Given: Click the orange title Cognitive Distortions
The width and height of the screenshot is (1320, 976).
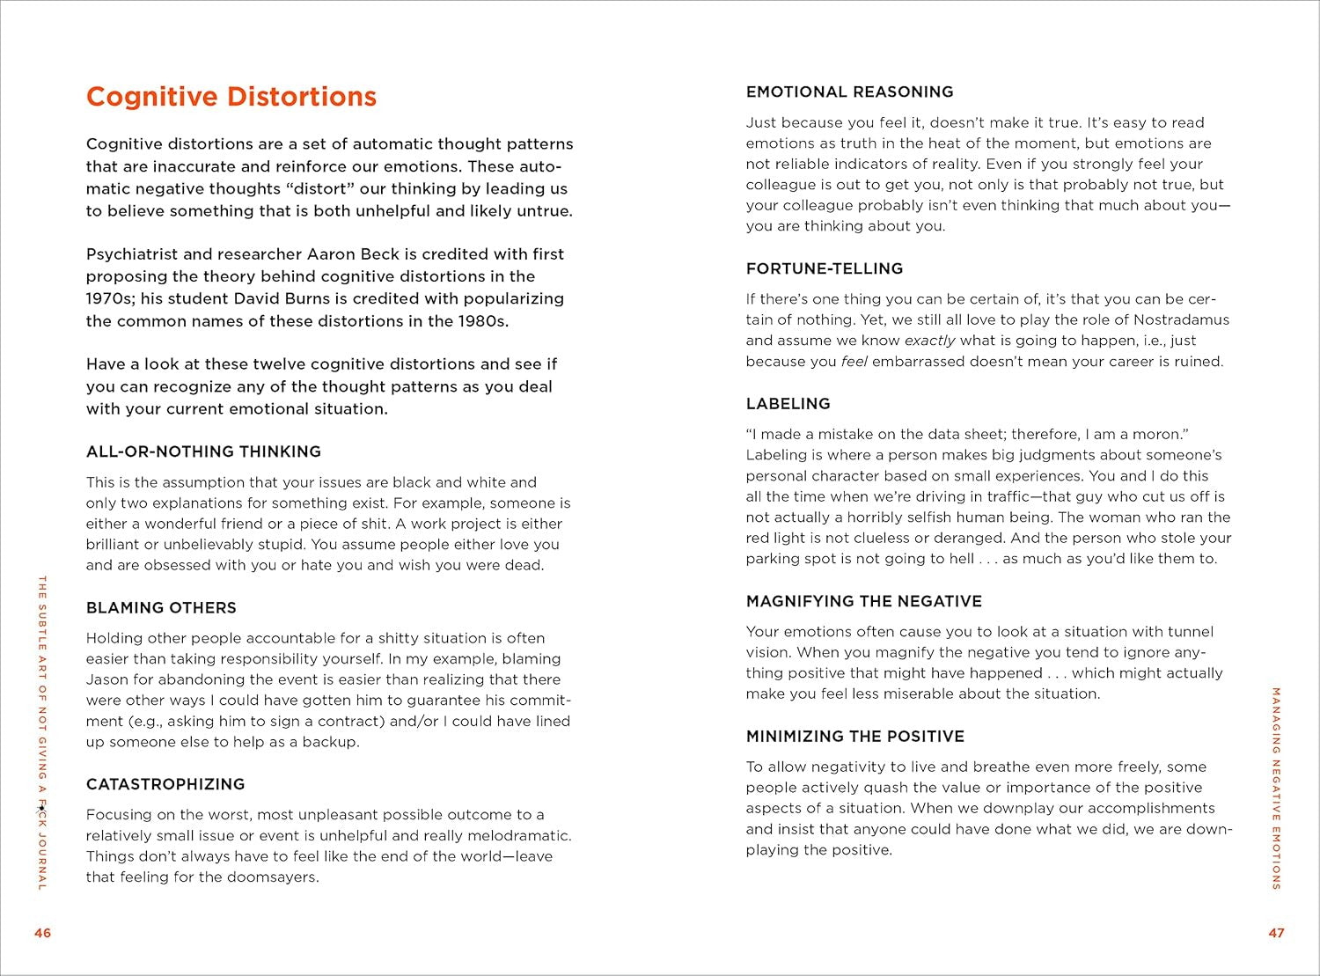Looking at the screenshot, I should [231, 97].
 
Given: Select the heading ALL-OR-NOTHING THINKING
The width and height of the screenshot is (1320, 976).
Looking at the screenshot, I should [203, 451].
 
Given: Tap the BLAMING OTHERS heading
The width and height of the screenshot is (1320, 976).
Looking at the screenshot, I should [161, 608].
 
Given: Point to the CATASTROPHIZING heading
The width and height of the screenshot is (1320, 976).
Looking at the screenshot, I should [165, 784].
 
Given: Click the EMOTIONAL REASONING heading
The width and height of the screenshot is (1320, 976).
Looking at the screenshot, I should [849, 92].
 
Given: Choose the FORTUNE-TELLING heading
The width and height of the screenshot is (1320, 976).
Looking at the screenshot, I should [825, 268].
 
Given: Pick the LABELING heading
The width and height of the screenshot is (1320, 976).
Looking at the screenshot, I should [788, 404].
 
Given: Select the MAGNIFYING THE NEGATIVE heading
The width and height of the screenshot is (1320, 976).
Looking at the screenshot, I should [863, 601].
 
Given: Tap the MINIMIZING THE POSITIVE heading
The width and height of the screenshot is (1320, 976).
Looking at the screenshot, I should [854, 737].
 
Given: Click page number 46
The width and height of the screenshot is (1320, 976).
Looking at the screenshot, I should [42, 933].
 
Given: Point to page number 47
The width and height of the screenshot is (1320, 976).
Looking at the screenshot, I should [1276, 933].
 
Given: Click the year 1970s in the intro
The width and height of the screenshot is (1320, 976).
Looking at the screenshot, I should [108, 298].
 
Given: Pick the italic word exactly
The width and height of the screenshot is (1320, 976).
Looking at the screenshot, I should [929, 341].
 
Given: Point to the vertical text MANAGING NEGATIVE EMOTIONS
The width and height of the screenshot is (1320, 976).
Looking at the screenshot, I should [1276, 788].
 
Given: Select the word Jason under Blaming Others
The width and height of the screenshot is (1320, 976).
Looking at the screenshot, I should [106, 679].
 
